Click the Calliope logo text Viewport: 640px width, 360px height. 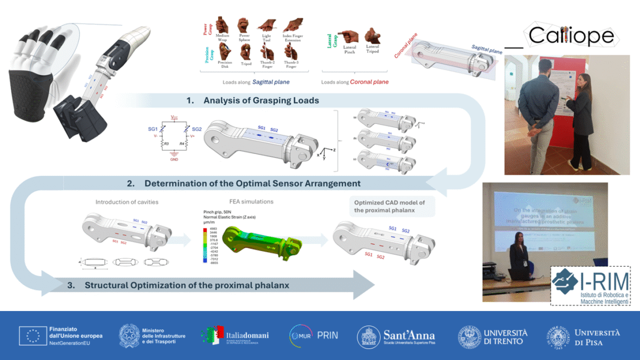571,36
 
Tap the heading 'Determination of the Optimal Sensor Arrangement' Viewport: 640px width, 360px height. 252,183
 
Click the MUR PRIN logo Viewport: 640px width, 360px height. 314,335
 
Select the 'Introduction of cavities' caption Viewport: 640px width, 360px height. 127,202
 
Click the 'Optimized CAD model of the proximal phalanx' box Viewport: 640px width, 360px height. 393,206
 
